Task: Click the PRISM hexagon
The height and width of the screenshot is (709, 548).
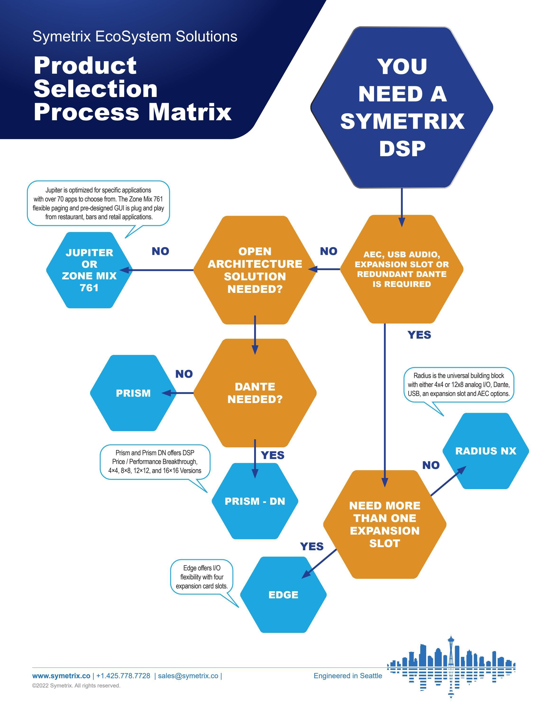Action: pyautogui.click(x=133, y=393)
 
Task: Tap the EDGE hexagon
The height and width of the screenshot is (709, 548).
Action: pyautogui.click(x=283, y=595)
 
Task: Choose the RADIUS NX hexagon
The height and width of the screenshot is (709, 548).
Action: pyautogui.click(x=486, y=451)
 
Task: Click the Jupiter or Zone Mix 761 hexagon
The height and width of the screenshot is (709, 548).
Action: pyautogui.click(x=89, y=270)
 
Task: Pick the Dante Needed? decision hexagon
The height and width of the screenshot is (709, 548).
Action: pyautogui.click(x=255, y=393)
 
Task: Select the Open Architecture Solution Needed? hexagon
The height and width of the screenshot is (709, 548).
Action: pyautogui.click(x=255, y=270)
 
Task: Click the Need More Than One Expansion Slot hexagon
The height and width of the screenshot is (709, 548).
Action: pyautogui.click(x=385, y=524)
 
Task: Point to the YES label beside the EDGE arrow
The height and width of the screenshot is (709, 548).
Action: pyautogui.click(x=312, y=546)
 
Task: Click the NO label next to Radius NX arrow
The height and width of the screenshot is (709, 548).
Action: pyautogui.click(x=431, y=465)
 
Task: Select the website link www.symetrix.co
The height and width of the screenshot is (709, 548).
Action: pyautogui.click(x=61, y=676)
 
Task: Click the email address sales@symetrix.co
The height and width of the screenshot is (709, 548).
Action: pyautogui.click(x=188, y=676)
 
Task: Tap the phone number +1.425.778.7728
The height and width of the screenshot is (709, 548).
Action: pyautogui.click(x=123, y=676)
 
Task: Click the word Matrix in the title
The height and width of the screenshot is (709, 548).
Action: pyautogui.click(x=190, y=112)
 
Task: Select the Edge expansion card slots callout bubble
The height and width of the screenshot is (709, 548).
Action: pyautogui.click(x=202, y=577)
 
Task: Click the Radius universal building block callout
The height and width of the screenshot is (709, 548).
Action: pyautogui.click(x=458, y=385)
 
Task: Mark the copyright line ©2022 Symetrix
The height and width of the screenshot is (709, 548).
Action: pyautogui.click(x=76, y=686)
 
